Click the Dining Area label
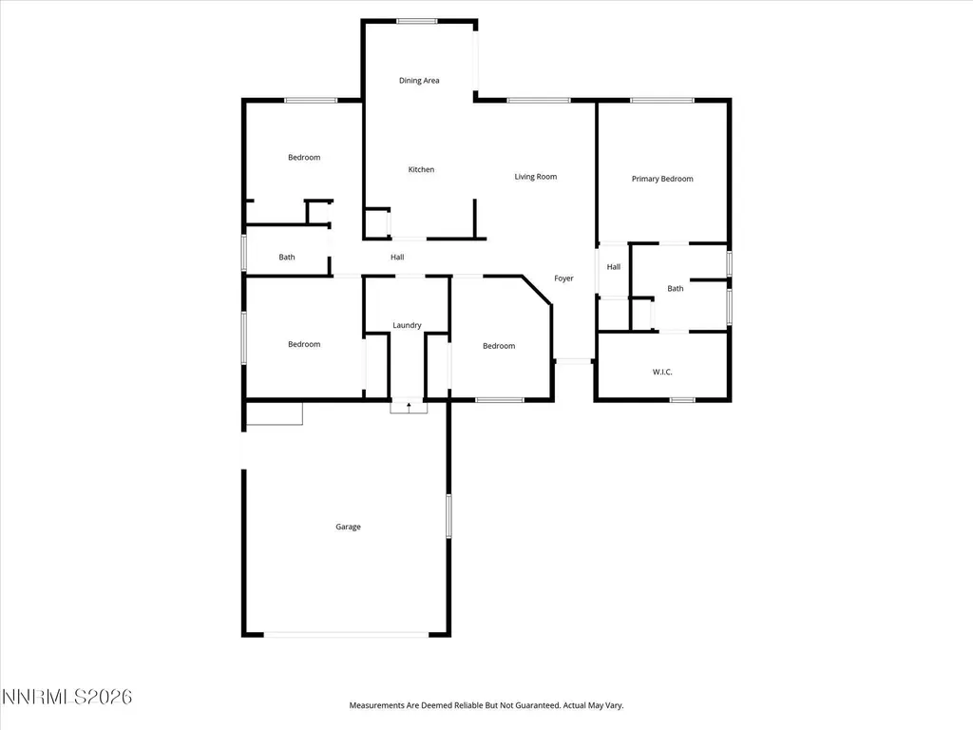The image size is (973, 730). tap(419, 80)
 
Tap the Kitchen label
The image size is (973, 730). tap(421, 169)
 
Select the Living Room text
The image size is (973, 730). tap(536, 177)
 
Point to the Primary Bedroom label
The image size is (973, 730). tap(662, 179)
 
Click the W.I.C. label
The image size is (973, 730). tap(662, 372)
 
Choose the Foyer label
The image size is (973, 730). tap(563, 279)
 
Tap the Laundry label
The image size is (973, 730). tap(407, 325)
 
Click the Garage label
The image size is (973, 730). tap(348, 527)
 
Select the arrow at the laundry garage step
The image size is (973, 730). tap(409, 407)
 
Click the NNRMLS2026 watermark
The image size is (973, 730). tap(67, 697)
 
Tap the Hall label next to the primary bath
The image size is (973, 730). tap(614, 267)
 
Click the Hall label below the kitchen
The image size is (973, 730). tap(397, 257)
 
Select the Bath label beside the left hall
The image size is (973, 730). tap(287, 257)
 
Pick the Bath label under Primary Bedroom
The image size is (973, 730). tap(676, 289)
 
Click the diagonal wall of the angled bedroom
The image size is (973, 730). tap(537, 290)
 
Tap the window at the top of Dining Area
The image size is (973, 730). tap(417, 21)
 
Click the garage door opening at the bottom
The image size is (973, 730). tap(346, 634)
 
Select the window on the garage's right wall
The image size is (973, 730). tap(448, 516)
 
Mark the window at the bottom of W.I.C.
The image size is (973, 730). tap(682, 400)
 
